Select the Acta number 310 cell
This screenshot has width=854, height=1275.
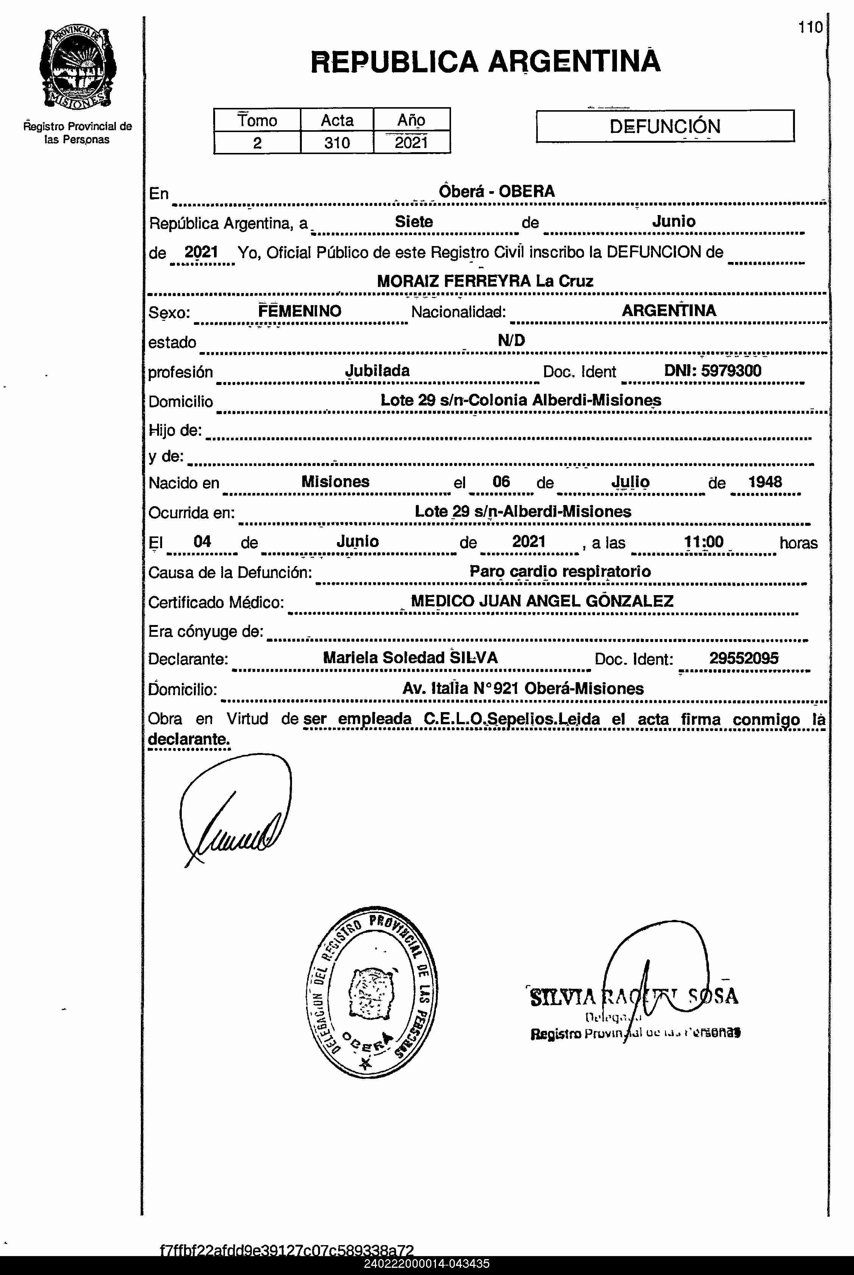click(x=337, y=143)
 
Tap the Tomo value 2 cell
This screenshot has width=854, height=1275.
click(x=257, y=143)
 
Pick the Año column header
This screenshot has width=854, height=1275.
click(x=411, y=120)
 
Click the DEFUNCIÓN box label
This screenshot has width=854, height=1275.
click(x=665, y=126)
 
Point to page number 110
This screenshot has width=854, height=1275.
click(x=810, y=27)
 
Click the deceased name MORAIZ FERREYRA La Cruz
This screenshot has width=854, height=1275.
click(x=485, y=281)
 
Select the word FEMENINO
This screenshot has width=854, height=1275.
click(x=300, y=311)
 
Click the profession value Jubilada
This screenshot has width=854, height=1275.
click(x=378, y=371)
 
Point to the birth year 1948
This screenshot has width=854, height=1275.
click(x=765, y=482)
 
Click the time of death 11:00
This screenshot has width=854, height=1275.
click(x=704, y=542)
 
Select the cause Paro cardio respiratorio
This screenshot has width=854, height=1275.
click(x=560, y=572)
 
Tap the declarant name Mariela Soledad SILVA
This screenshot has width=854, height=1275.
click(x=410, y=658)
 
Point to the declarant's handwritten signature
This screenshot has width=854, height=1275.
click(x=235, y=811)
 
